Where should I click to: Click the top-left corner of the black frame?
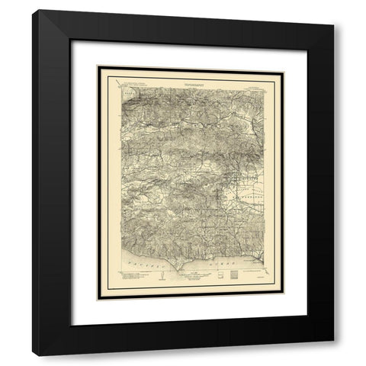click(x=33, y=11)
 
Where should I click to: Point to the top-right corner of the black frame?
click(x=333, y=11)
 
